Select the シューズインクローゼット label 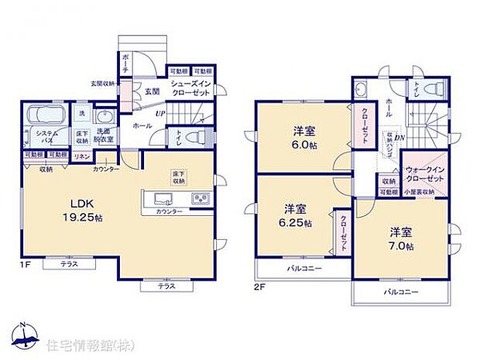point(190,89)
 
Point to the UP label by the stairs point(159,115)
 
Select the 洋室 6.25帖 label point(297,215)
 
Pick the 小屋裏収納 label point(424,192)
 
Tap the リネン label point(81,156)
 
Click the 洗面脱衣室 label point(104,137)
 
